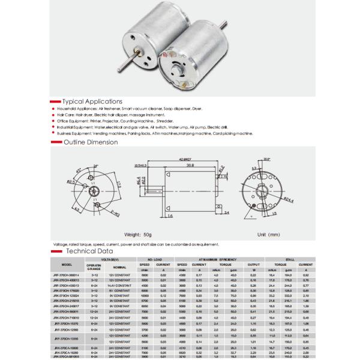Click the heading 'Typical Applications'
click(92, 101)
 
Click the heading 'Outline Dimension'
click(91, 142)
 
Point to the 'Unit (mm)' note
click(269, 234)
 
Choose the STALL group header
click(289, 259)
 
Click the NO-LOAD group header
click(155, 259)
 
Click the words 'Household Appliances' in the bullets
click(76, 108)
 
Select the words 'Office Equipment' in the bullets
click(73, 121)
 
